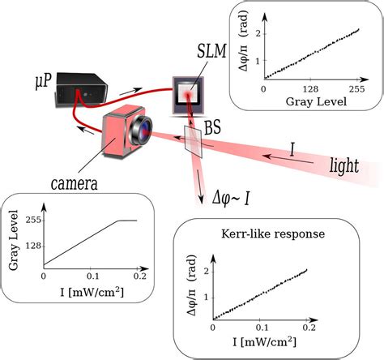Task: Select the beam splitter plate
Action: click(193, 141)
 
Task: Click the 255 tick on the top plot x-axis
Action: click(355, 90)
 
